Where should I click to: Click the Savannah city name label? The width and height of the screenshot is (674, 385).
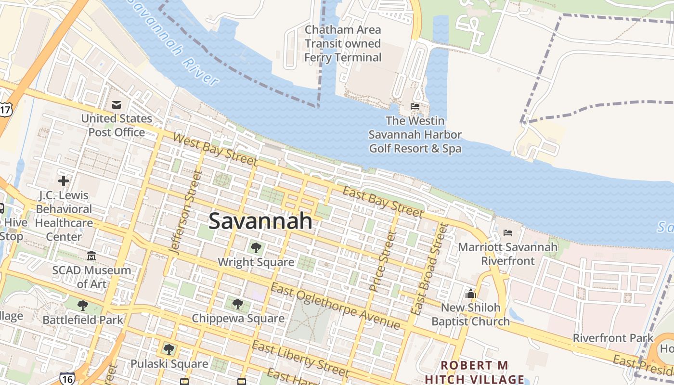260,221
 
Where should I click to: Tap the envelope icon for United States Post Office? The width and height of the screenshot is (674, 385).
117,104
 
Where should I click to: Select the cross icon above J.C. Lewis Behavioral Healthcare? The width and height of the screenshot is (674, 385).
64,181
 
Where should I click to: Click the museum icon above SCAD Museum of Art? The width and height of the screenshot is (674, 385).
91,256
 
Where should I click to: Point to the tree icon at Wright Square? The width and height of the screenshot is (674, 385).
256,248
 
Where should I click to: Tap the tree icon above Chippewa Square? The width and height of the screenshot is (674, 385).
237,304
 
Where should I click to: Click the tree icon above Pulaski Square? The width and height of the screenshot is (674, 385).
168,349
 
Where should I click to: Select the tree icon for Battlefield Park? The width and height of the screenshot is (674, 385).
83,305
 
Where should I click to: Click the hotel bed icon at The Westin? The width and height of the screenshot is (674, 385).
415,106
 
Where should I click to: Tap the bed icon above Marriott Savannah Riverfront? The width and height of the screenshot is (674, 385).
508,233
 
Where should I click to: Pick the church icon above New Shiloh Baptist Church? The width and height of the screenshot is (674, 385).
470,293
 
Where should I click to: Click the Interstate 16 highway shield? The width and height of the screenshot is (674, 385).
67,378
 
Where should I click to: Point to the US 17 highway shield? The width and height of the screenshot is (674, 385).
5,110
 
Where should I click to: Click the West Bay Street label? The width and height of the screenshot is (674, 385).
215,150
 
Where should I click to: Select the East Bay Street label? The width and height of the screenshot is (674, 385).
382,201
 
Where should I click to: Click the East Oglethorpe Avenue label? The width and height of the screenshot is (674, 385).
335,307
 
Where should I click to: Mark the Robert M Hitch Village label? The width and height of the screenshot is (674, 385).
474,372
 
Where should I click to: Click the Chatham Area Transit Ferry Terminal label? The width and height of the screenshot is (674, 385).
343,44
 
